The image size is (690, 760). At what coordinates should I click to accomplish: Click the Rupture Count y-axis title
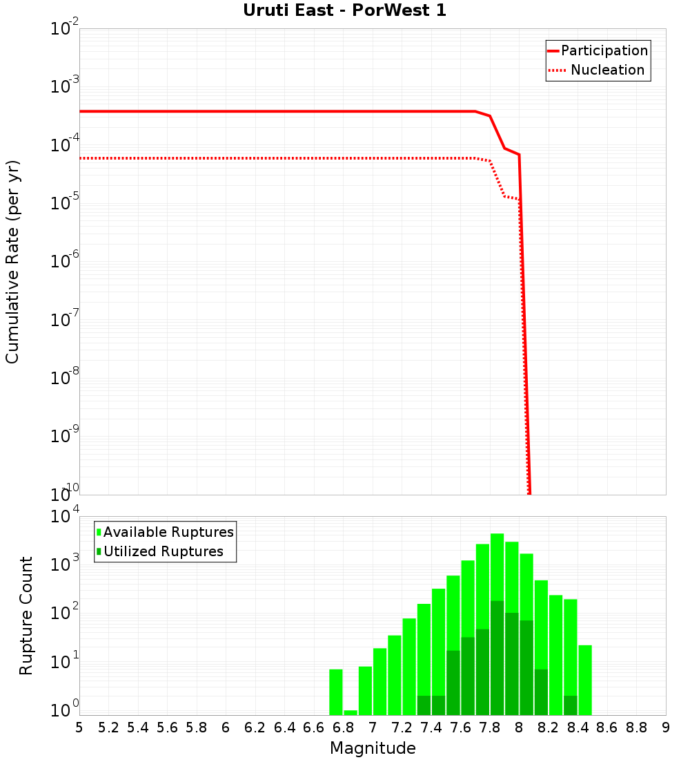tap(26, 615)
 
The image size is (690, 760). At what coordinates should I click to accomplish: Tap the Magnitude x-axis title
tap(373, 748)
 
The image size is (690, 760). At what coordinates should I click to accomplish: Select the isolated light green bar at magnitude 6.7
tap(336, 692)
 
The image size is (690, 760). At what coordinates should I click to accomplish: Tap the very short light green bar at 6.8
tap(351, 712)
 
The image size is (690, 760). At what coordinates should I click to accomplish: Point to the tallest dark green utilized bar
tap(497, 656)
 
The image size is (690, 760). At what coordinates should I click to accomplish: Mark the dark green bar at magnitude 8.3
tap(570, 705)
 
